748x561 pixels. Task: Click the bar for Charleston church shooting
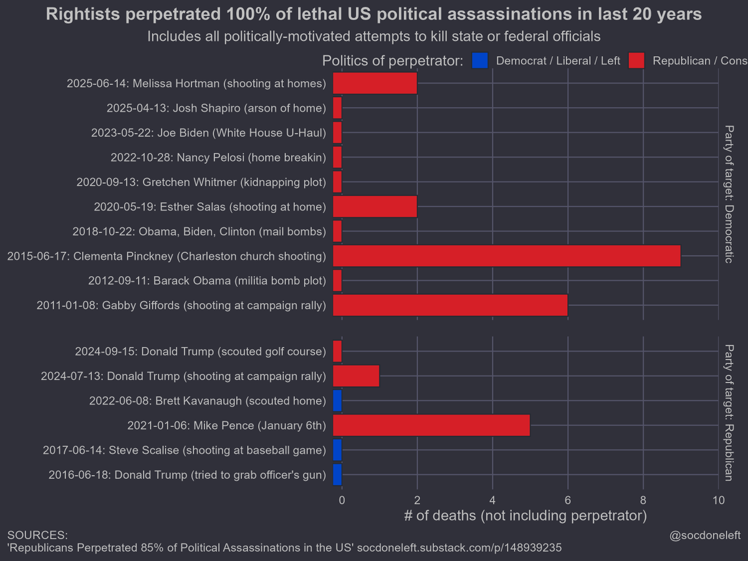506,256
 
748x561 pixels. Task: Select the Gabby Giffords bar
450,305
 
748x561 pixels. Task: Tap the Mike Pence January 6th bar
431,426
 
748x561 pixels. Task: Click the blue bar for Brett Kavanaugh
337,401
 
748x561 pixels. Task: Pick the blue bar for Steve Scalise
337,450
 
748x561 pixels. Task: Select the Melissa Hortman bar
375,83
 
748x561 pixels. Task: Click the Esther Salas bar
375,206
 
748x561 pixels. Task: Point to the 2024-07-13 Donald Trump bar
356,376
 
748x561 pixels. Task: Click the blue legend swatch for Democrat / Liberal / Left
480,60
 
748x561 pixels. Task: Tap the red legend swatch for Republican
636,60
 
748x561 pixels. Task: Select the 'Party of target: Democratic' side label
729,194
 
